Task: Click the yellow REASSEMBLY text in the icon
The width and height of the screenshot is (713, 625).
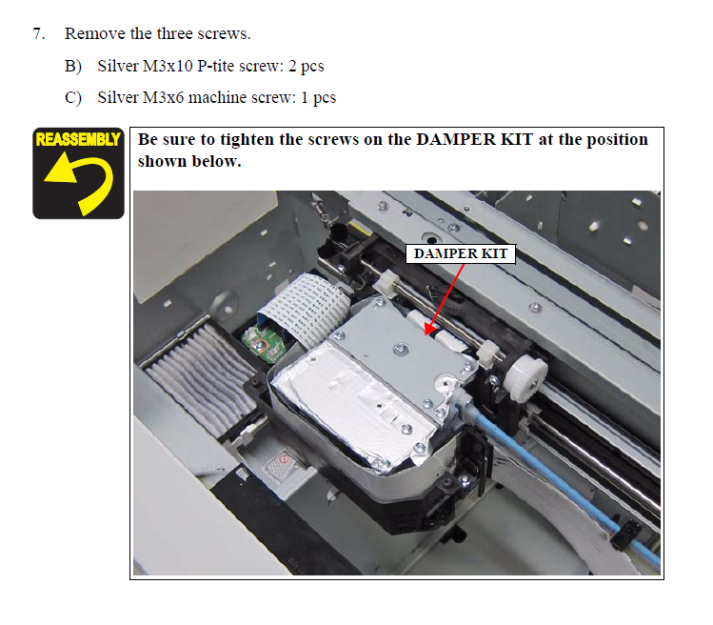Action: [78, 139]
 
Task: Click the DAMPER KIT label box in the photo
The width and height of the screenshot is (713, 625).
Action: [461, 253]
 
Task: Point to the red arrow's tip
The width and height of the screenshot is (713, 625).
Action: [426, 334]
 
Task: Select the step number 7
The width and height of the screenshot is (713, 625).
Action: [39, 33]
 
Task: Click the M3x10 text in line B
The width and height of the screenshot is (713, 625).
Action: [168, 67]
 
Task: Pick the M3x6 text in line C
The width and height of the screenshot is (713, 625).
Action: [163, 98]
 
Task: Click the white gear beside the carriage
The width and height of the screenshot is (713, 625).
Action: [525, 378]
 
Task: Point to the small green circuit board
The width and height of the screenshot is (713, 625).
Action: [264, 343]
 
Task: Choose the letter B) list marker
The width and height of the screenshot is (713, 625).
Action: [73, 67]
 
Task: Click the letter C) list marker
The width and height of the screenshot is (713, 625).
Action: [73, 98]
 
